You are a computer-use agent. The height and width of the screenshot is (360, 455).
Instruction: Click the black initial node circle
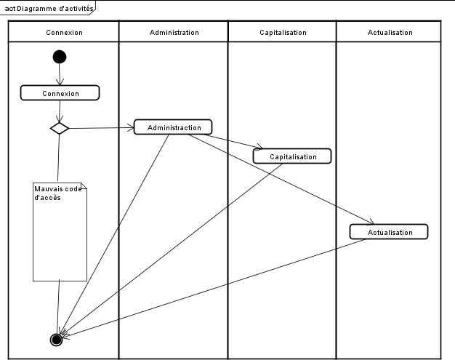(60, 57)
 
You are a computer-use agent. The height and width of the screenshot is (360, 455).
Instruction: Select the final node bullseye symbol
(57, 340)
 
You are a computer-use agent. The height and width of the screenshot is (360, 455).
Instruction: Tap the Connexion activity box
(60, 93)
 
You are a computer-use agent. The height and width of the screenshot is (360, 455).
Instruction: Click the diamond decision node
(60, 128)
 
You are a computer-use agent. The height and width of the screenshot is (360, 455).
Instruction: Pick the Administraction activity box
(173, 127)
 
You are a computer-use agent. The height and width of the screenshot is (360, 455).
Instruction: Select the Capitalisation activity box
(292, 156)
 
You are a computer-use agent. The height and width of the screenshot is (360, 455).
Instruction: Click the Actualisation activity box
(389, 232)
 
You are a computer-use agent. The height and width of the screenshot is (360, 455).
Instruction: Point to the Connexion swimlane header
(64, 33)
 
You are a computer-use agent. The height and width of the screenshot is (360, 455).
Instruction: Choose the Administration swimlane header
(174, 33)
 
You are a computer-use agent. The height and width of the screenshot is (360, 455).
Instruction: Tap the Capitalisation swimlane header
(283, 33)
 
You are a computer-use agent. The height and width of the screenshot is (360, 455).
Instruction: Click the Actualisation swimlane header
(390, 33)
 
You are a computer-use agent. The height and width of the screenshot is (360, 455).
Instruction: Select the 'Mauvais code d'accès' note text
(58, 193)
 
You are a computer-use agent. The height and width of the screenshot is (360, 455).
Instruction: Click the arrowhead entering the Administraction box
(132, 128)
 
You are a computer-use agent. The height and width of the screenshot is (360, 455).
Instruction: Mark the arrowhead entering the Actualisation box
(371, 223)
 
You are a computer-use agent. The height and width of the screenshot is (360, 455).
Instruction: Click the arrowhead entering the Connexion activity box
(60, 83)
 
